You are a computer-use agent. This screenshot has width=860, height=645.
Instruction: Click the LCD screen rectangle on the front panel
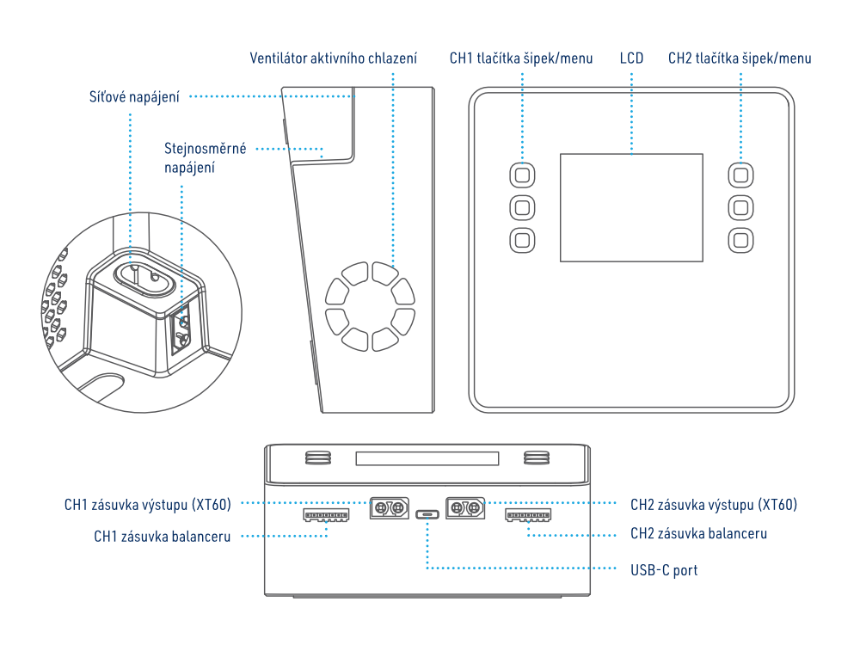[x=631, y=207]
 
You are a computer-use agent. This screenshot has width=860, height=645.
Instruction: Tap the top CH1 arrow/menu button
[x=522, y=175]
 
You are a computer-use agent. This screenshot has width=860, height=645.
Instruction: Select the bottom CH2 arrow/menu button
[x=741, y=240]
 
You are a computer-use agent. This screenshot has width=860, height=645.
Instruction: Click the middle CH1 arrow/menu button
[x=522, y=207]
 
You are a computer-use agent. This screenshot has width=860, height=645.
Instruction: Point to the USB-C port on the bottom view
[x=427, y=515]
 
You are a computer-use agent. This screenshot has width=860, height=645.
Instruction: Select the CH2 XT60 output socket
[x=464, y=507]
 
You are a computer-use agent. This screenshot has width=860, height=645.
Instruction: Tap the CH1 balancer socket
[x=327, y=515]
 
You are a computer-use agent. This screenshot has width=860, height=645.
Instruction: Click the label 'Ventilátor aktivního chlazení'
[x=334, y=58]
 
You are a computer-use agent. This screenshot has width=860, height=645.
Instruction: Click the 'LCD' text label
[x=631, y=58]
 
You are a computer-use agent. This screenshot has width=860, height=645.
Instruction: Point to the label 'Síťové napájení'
[x=135, y=96]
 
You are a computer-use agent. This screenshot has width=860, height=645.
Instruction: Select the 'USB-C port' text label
[x=663, y=569]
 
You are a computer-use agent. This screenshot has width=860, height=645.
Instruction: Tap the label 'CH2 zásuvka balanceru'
[x=698, y=533]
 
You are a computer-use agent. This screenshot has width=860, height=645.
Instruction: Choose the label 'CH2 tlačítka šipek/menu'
[x=740, y=58]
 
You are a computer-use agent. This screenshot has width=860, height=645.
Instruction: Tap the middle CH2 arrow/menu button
[x=741, y=207]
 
